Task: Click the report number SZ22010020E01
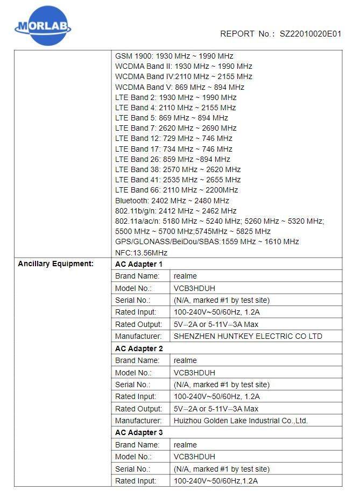[310, 33]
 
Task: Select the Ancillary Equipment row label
[55, 264]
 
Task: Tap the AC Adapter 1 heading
[139, 264]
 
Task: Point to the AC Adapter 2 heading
[139, 348]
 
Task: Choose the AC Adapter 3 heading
[139, 432]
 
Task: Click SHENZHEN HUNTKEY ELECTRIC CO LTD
[248, 336]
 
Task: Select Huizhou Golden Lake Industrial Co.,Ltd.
[241, 421]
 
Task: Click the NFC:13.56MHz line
[141, 252]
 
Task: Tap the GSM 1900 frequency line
[174, 56]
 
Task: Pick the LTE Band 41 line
[178, 180]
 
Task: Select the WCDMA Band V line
[180, 87]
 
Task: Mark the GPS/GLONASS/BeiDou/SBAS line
[207, 242]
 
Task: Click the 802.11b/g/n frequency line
[175, 211]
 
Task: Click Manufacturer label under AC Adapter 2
[138, 421]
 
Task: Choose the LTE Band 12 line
[173, 138]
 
